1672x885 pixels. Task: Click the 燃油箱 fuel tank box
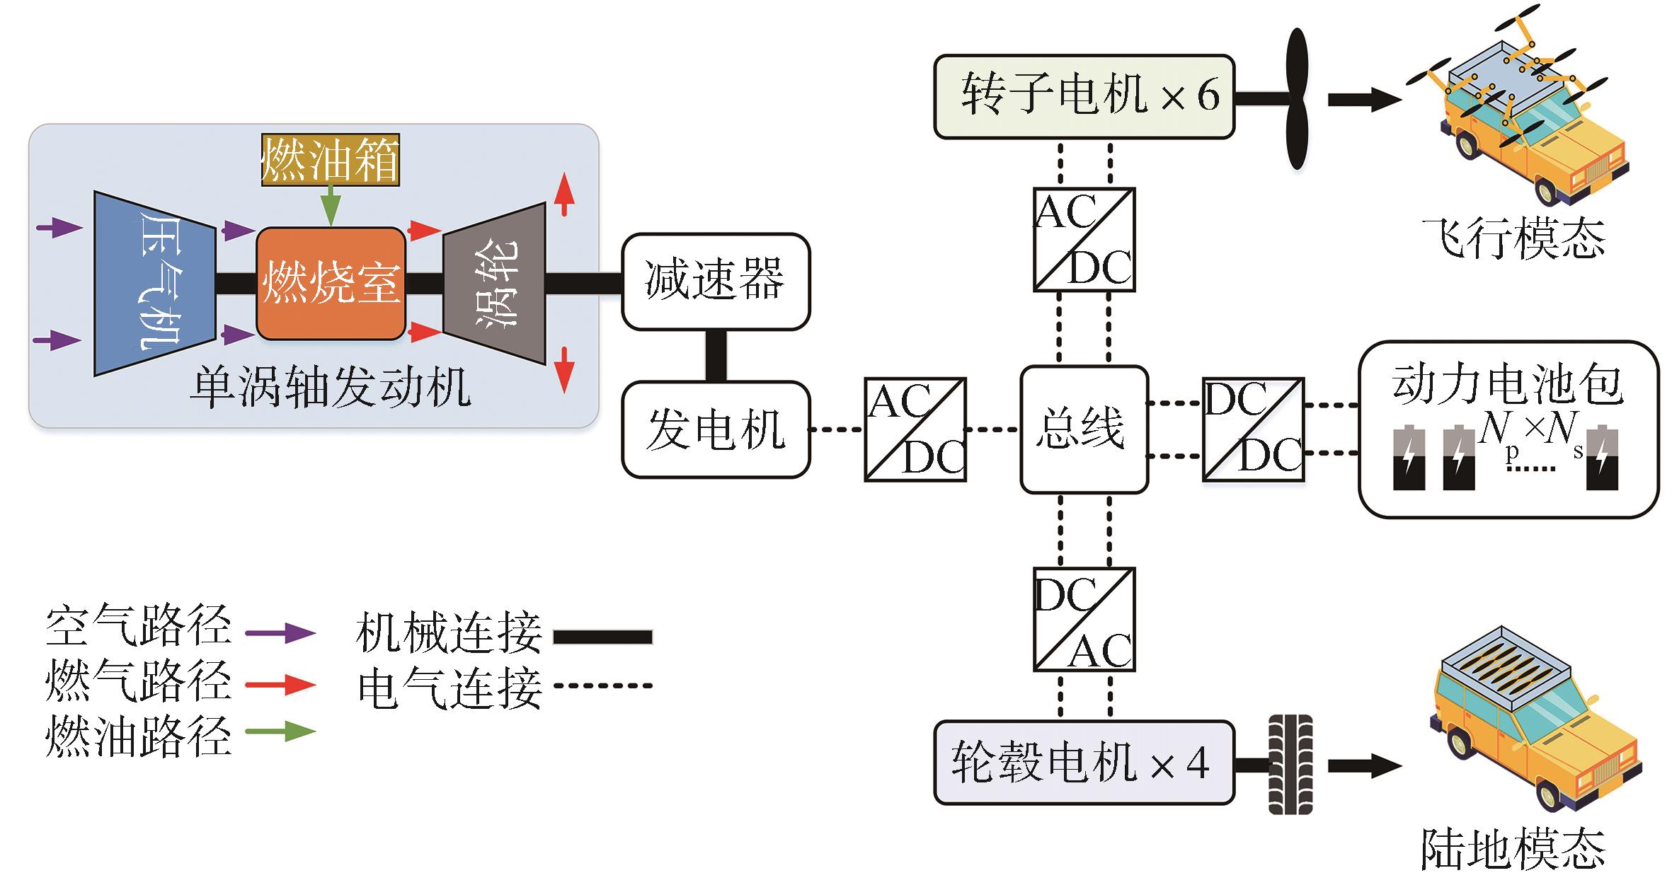pyautogui.click(x=331, y=160)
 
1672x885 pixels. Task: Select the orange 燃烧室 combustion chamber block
pyautogui.click(x=331, y=284)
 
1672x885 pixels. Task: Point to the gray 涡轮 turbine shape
pyautogui.click(x=495, y=284)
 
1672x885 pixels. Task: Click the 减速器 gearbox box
pyautogui.click(x=716, y=281)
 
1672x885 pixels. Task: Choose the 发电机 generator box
pyautogui.click(x=716, y=429)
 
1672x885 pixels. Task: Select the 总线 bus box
pyautogui.click(x=1083, y=429)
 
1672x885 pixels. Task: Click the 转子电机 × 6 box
pyautogui.click(x=1083, y=97)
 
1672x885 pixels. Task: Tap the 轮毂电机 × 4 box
pyautogui.click(x=1083, y=763)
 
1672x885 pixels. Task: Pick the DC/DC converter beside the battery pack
pyautogui.click(x=1253, y=429)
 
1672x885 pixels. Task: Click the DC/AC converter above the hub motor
pyautogui.click(x=1084, y=619)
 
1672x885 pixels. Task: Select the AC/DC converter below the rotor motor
pyautogui.click(x=1084, y=239)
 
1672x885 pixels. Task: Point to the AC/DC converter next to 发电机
pyautogui.click(x=915, y=429)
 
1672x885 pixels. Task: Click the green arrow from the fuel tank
pyautogui.click(x=331, y=206)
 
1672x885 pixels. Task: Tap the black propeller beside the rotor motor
pyautogui.click(x=1296, y=99)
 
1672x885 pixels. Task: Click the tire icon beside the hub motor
pyautogui.click(x=1290, y=764)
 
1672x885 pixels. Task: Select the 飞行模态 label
pyautogui.click(x=1513, y=239)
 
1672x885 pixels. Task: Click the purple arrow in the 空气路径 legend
pyautogui.click(x=280, y=632)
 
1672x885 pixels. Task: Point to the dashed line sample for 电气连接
pyautogui.click(x=602, y=685)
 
